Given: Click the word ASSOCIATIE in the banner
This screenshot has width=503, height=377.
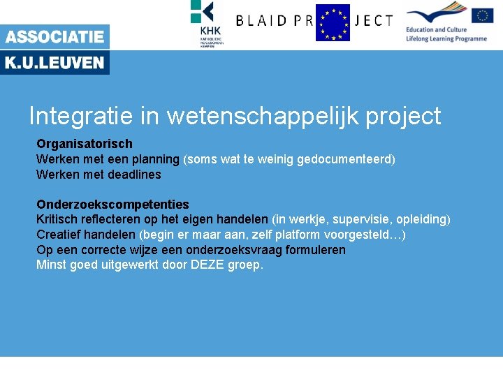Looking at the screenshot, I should click(54, 36).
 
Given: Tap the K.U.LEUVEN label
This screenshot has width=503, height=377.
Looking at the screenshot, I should click(54, 64).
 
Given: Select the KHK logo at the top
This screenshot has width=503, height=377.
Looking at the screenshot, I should click(207, 22).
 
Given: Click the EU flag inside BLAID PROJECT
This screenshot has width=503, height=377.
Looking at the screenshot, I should click(333, 22).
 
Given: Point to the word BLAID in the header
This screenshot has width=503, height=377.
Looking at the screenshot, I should click(261, 21).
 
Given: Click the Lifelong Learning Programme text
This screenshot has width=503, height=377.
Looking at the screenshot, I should click(446, 39).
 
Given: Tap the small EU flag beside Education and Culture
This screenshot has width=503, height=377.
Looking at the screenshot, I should click(482, 15).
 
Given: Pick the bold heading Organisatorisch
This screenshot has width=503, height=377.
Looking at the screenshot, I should click(85, 144).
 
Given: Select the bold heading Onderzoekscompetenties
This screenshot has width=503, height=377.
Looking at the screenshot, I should click(112, 205).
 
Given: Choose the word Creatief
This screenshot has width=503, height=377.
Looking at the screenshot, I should click(58, 235).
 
